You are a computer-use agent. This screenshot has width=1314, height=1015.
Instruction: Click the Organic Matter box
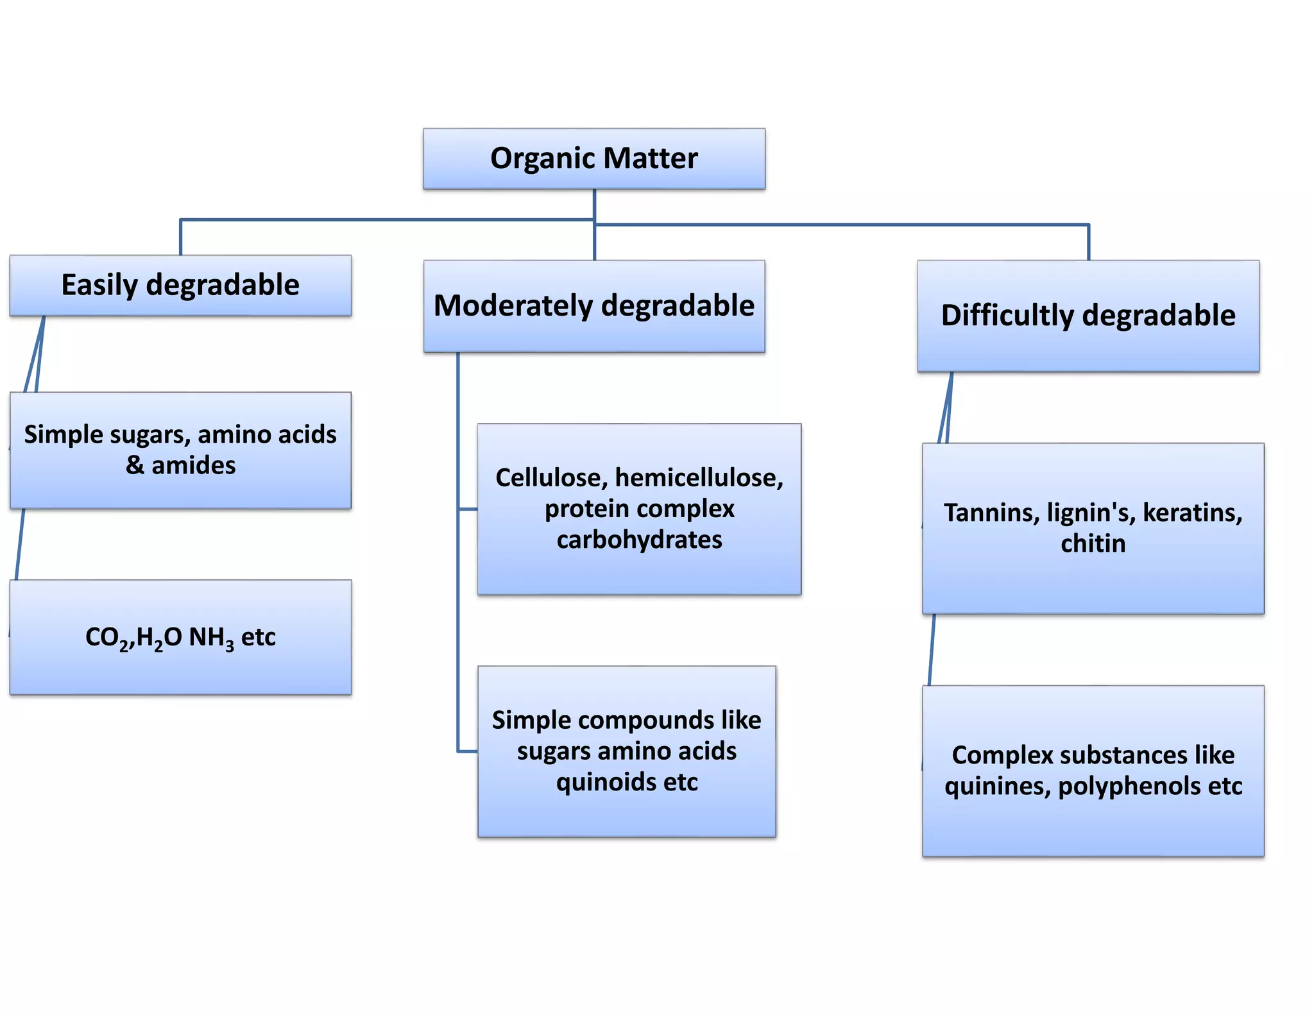pyautogui.click(x=593, y=158)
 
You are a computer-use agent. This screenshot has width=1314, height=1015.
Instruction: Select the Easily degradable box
pyautogui.click(x=180, y=286)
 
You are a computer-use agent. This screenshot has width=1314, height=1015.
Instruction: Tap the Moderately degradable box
pyautogui.click(x=594, y=306)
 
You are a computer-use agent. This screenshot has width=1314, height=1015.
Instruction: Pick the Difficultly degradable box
pyautogui.click(x=1088, y=316)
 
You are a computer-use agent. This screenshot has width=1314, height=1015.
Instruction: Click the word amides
pyautogui.click(x=193, y=465)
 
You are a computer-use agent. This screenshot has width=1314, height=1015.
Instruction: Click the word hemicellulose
pyautogui.click(x=699, y=478)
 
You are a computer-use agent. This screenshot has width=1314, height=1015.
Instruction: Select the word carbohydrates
pyautogui.click(x=639, y=540)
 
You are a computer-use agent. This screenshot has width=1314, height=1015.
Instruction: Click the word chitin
pyautogui.click(x=1093, y=543)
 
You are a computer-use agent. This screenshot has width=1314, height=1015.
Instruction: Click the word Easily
pyautogui.click(x=99, y=286)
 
